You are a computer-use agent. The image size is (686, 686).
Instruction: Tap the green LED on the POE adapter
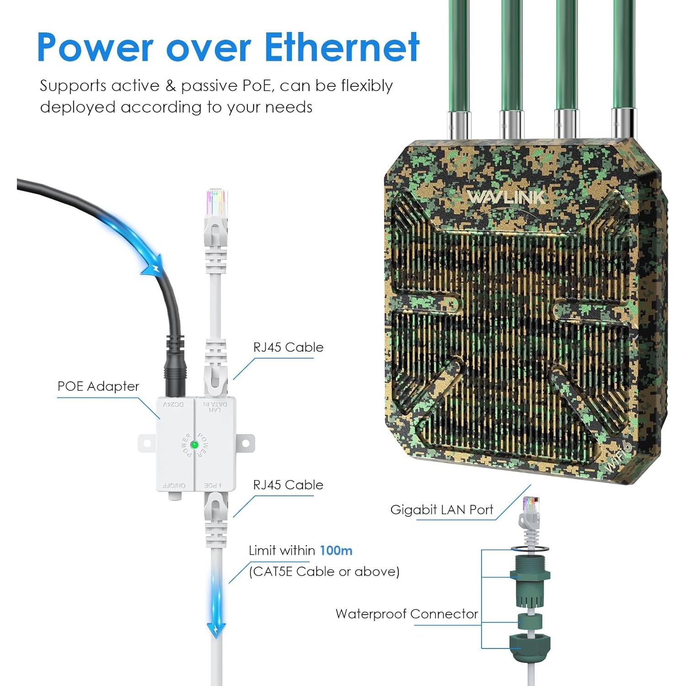194,445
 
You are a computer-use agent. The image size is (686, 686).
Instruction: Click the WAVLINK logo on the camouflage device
506,197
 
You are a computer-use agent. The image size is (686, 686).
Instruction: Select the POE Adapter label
98,386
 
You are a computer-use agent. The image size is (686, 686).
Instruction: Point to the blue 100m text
336,550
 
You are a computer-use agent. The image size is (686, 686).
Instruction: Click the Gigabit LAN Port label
441,510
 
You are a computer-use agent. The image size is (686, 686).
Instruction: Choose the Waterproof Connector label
407,614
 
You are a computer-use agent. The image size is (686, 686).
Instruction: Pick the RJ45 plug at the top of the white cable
216,206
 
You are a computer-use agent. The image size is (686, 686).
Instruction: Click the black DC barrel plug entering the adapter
174,373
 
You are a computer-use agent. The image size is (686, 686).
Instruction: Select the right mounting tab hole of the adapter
246,443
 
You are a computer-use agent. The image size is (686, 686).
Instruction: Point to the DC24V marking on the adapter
174,405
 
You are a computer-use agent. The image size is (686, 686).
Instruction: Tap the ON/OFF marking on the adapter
174,485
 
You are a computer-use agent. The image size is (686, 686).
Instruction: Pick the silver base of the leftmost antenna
458,123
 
